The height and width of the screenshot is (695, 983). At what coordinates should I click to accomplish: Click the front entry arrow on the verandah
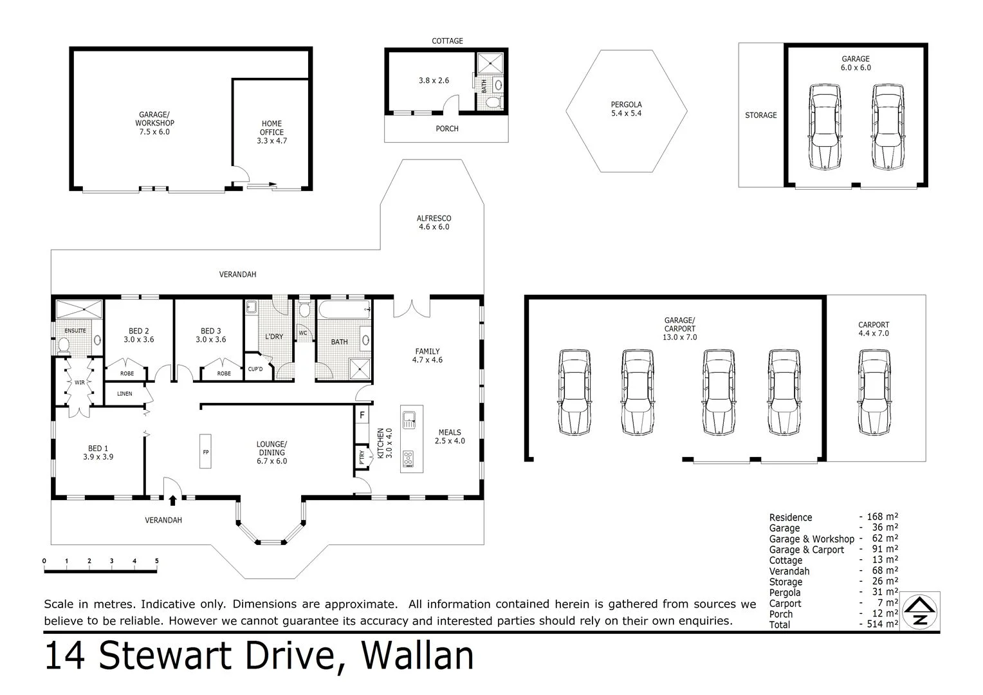tap(172, 499)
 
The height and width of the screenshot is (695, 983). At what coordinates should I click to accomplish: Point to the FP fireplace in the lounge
tap(206, 452)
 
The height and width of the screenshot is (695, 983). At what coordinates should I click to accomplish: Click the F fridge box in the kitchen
tap(362, 415)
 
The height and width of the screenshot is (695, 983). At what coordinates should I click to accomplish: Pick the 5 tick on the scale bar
tap(157, 561)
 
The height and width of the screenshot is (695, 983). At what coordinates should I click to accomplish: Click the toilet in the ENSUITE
tap(64, 346)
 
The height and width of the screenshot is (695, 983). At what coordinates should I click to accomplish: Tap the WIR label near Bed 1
tap(79, 382)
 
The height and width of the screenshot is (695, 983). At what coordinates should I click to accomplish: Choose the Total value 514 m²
tap(882, 624)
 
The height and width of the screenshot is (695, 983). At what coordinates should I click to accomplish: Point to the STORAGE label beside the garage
tap(760, 115)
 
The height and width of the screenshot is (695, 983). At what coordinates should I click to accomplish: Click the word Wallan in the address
tap(418, 656)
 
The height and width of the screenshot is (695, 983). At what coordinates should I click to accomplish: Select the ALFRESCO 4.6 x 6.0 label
tap(434, 223)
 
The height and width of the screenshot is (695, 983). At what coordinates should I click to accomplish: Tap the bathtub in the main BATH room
tap(344, 310)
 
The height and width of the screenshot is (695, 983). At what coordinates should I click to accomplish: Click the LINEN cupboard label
tap(125, 394)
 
